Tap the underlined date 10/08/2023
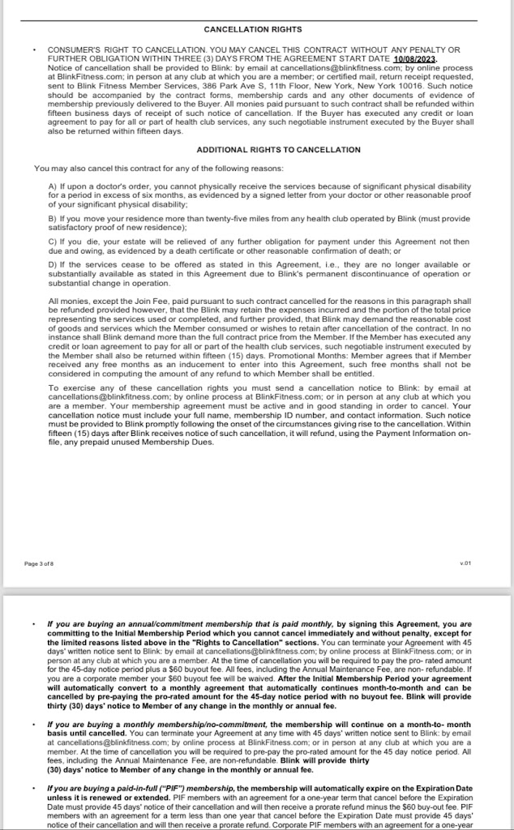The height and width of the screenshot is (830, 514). [x=414, y=59]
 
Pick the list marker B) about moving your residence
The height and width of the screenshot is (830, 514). [x=53, y=218]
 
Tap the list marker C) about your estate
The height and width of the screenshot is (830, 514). [x=53, y=241]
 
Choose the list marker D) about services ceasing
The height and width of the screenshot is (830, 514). [x=53, y=264]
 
